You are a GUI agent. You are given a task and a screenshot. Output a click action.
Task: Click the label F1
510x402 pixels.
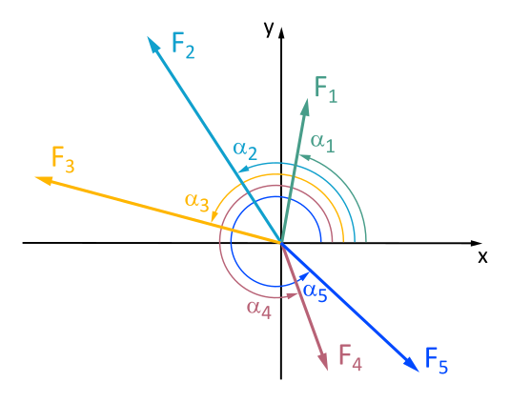click(x=326, y=90)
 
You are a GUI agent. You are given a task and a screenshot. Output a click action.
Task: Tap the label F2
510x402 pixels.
click(x=183, y=45)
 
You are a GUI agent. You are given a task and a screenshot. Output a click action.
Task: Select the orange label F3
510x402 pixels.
click(x=63, y=158)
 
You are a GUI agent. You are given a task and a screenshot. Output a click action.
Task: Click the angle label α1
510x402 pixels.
click(x=322, y=142)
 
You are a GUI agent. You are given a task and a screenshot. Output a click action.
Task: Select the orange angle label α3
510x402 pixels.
click(x=197, y=201)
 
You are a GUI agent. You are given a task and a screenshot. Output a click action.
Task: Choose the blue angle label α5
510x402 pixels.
click(x=316, y=292)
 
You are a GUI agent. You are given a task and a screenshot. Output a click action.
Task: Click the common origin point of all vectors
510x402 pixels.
click(x=281, y=242)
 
